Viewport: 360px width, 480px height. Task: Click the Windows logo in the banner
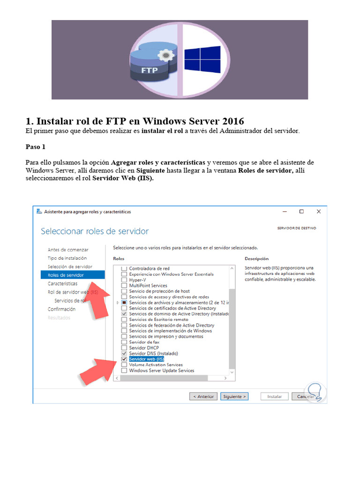[202, 59]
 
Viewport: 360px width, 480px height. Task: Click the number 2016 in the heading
[230, 121]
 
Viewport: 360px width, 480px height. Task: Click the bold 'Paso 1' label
[36, 147]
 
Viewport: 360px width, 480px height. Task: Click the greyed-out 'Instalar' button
[275, 396]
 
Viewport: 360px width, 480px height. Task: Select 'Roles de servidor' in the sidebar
[66, 275]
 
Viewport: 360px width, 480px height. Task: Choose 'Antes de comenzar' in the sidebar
[68, 250]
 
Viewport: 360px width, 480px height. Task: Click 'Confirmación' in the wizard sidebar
[61, 309]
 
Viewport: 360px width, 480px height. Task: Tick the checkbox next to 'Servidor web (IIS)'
[124, 359]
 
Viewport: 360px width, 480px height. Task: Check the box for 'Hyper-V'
[124, 280]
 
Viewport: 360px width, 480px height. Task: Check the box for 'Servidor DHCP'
[124, 348]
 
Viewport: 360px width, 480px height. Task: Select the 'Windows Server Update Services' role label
[161, 370]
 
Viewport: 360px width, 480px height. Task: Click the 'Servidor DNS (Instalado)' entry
[153, 353]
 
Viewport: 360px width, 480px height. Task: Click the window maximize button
[301, 211]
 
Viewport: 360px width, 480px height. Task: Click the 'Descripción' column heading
[256, 259]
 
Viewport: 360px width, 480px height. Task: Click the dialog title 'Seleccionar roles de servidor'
[95, 231]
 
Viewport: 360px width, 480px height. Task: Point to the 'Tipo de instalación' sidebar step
[67, 258]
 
